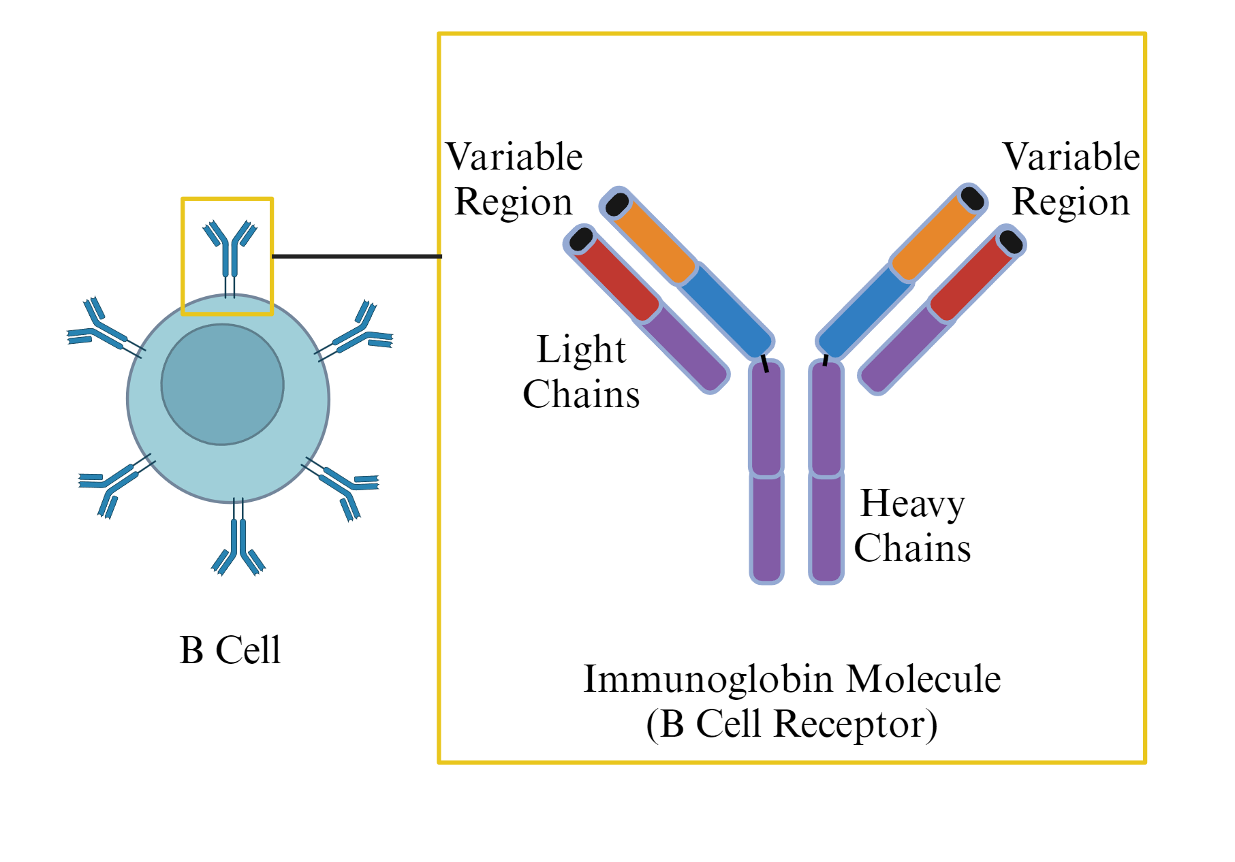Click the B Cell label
coord(230,650)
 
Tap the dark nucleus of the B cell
coord(222,385)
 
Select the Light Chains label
coord(581,372)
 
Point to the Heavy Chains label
coord(912,525)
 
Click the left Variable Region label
coord(514,179)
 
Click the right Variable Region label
coord(1071,179)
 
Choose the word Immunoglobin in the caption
coord(708,679)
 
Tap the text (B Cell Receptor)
coord(792,724)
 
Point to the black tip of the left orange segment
coord(617,204)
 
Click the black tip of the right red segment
coord(1011,242)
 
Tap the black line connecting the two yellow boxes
coord(356,256)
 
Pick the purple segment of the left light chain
coord(685,349)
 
